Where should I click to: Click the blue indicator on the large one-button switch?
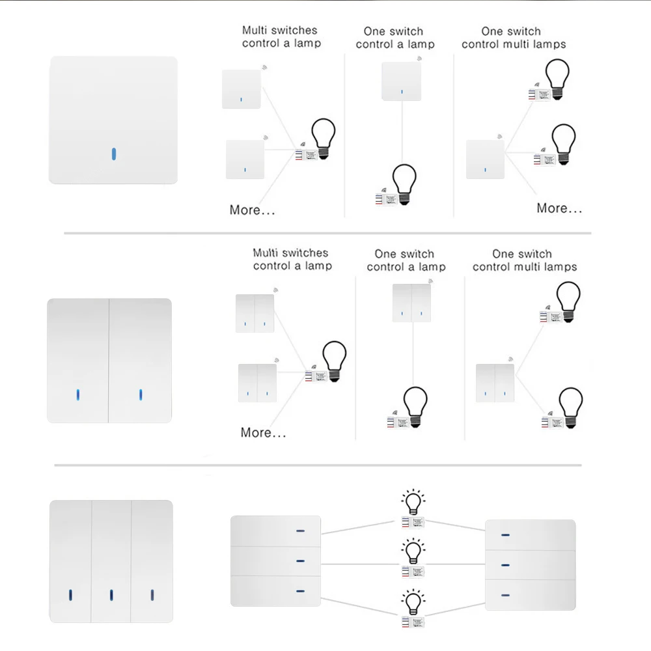[113, 154]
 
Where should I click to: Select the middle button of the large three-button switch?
[111, 561]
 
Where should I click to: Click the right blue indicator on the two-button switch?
[141, 395]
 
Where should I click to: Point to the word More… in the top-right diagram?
[559, 208]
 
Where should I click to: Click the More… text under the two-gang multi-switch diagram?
[263, 432]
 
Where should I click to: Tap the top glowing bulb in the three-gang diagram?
[413, 503]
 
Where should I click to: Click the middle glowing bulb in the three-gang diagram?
[413, 551]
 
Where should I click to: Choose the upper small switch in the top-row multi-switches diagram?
[242, 89]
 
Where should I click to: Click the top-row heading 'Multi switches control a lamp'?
[281, 36]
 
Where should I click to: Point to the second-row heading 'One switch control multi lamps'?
[524, 260]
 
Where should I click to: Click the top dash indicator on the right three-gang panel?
[505, 535]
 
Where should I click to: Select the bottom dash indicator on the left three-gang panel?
[300, 590]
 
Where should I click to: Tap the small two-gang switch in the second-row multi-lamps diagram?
[495, 383]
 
